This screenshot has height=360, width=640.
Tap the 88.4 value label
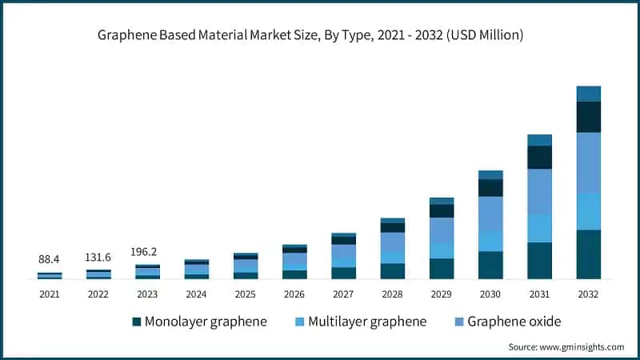tap(50, 260)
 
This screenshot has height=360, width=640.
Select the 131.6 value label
tap(98, 258)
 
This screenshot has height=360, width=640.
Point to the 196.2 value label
tap(147, 250)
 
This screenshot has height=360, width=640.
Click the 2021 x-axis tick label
tap(50, 294)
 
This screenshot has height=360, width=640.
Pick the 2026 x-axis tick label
tap(294, 294)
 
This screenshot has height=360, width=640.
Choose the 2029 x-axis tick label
tap(442, 294)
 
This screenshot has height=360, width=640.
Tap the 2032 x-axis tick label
tap(588, 294)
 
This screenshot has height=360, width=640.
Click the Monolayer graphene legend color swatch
tap(138, 322)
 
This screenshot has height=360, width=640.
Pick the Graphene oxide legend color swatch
tap(460, 322)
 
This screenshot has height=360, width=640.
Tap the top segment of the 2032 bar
tap(588, 94)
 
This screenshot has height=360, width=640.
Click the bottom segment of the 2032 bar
tap(588, 254)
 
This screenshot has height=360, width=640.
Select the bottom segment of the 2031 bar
tap(539, 261)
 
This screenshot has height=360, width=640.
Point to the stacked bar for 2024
tap(196, 270)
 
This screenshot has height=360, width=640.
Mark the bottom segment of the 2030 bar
tap(490, 265)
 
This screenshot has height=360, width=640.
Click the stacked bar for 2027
tap(343, 256)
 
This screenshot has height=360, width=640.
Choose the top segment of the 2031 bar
tap(539, 140)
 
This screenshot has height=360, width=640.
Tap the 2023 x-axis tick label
tap(147, 294)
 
